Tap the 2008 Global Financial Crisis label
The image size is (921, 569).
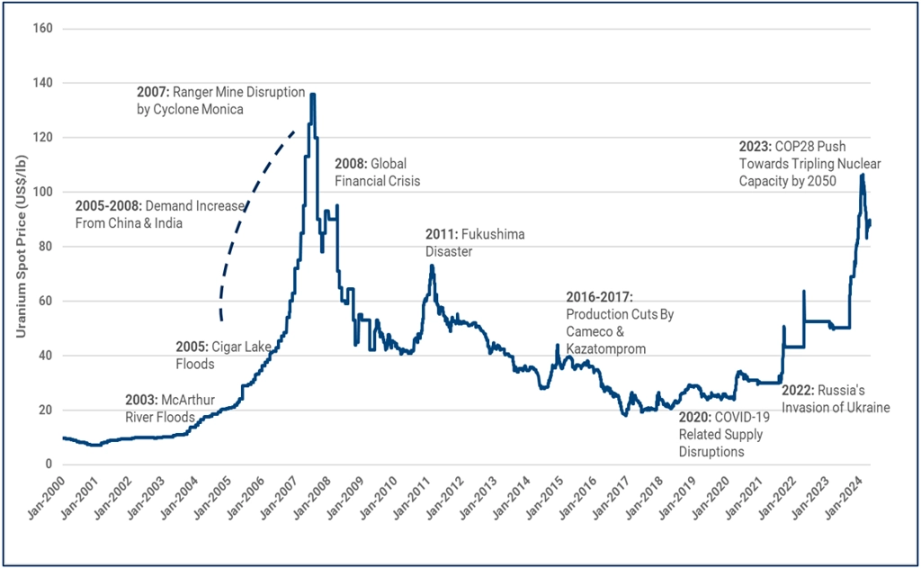coord(377,172)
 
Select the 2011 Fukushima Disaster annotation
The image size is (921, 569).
coord(474,243)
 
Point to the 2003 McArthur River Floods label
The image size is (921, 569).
coord(159,408)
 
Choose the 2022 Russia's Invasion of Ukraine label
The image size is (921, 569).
coord(836,399)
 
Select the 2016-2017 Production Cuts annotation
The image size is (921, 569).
coord(620,322)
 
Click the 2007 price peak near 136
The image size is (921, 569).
coord(312,95)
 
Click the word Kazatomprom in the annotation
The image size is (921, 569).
coord(605,348)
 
